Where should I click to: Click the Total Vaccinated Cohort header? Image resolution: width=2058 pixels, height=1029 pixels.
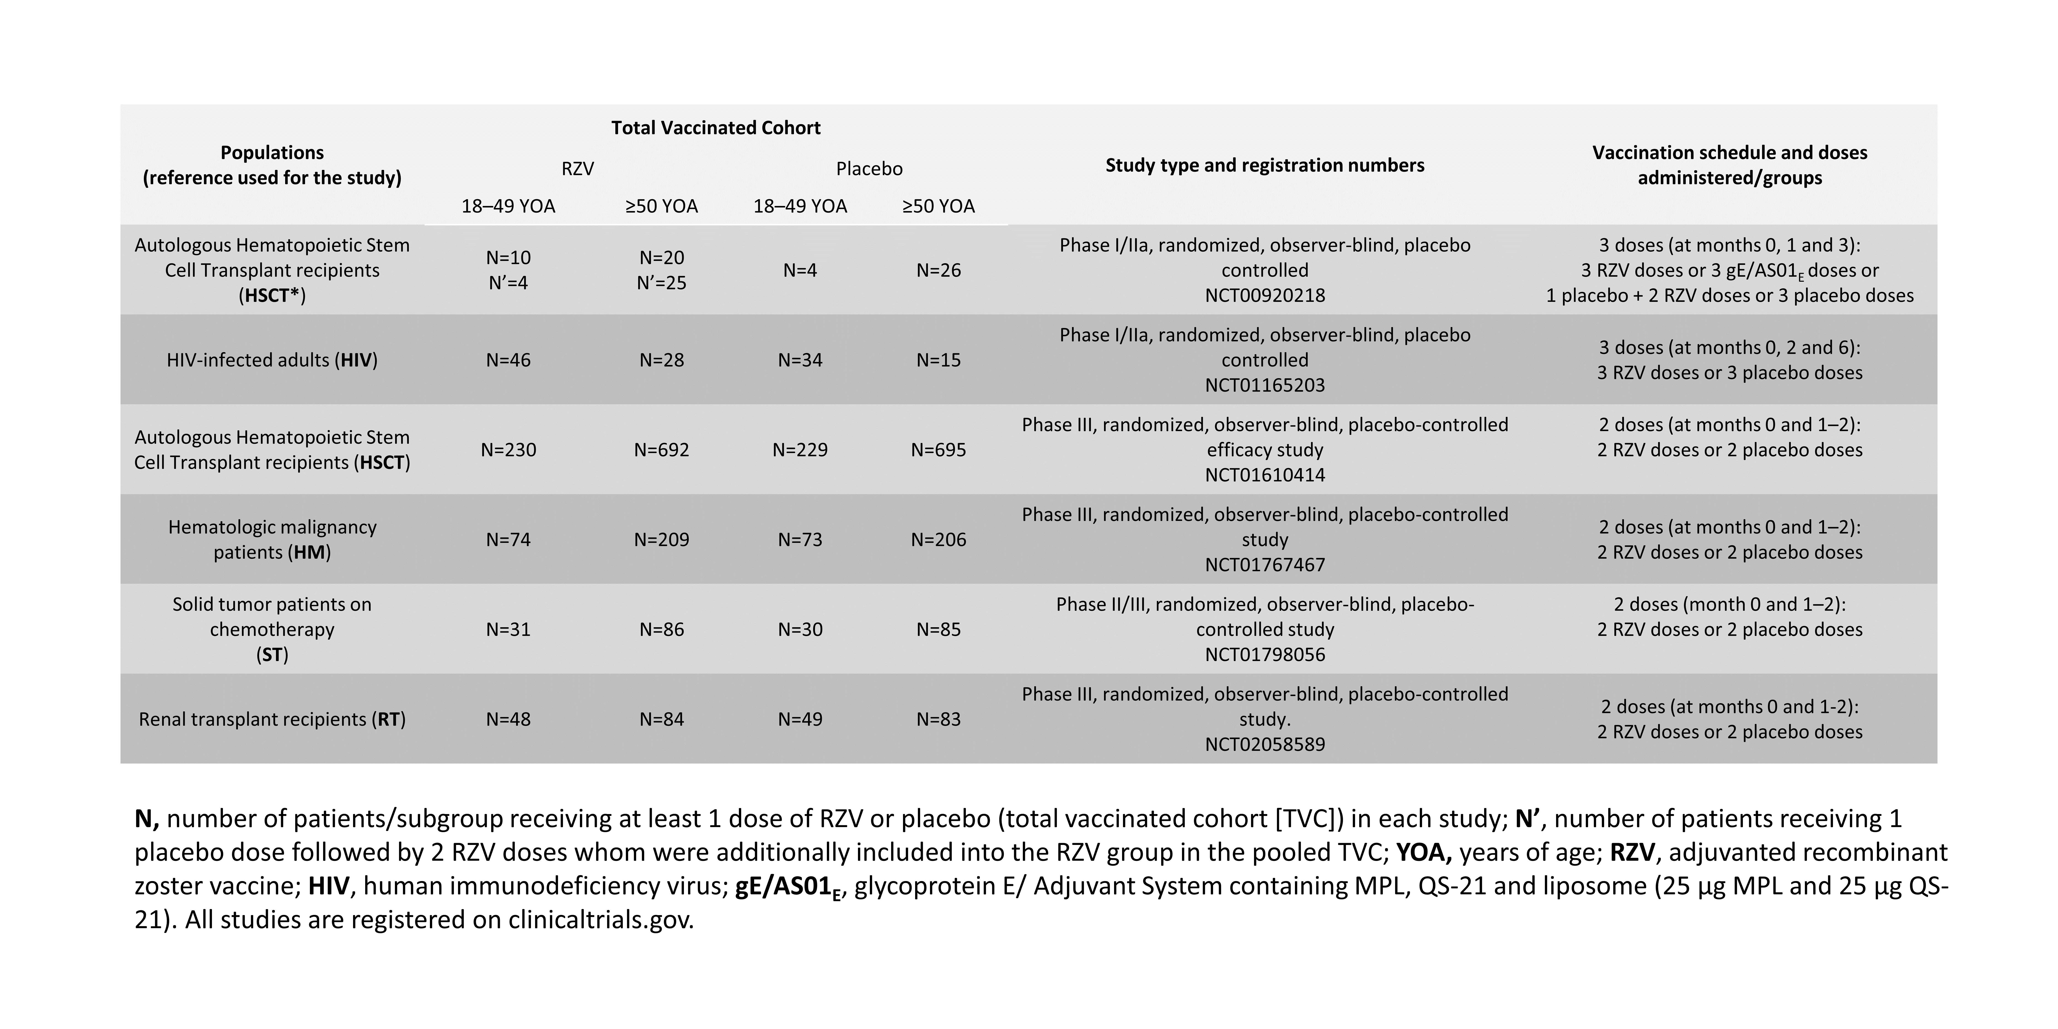[716, 128]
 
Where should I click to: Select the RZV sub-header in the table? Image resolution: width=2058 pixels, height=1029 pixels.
[578, 169]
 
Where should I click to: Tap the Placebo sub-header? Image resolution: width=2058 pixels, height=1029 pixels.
[869, 169]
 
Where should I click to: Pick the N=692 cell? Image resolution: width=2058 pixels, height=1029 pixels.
[662, 450]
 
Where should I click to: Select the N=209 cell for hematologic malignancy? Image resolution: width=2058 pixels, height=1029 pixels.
[662, 539]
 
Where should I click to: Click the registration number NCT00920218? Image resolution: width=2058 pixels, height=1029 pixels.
[1265, 296]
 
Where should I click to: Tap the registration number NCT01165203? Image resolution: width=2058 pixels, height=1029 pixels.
[1265, 385]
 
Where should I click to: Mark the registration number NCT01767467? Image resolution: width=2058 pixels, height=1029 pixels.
[1265, 565]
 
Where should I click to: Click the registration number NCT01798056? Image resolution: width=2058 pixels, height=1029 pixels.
[1265, 654]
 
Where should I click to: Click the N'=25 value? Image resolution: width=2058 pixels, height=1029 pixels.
[662, 283]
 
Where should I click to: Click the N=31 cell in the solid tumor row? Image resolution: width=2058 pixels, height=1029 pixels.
[508, 630]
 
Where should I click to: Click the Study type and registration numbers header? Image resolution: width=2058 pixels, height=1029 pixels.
[1265, 165]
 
